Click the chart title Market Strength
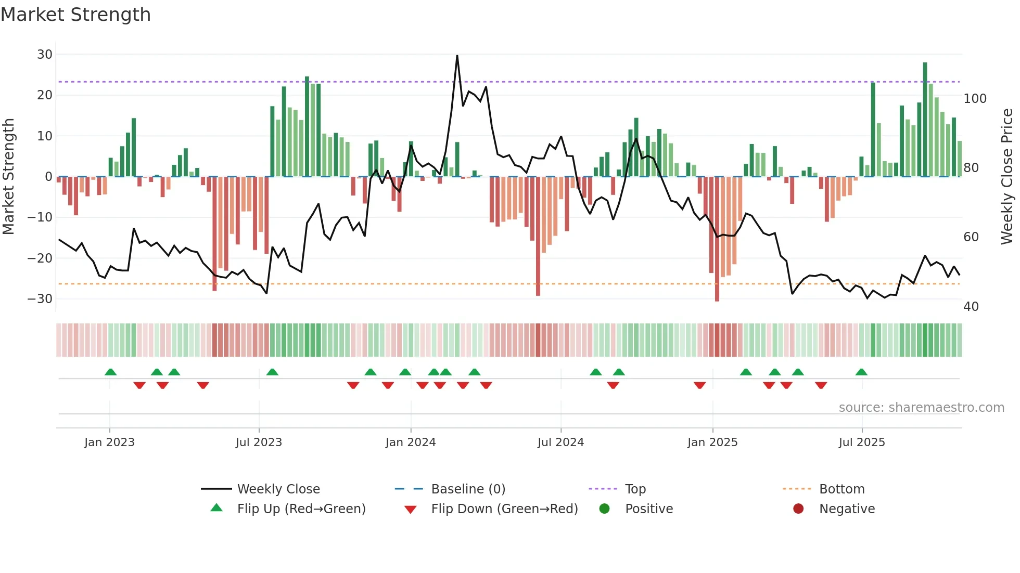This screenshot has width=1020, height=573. pos(75,15)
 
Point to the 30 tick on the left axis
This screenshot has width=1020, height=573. pos(45,55)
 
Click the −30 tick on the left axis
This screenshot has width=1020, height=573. pos(41,299)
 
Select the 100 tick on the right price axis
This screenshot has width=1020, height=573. pos(975,99)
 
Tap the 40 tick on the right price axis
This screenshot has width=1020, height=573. pos(971,307)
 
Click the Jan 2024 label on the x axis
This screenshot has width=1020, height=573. pos(410,442)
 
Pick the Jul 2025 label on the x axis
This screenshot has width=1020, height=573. pos(861,442)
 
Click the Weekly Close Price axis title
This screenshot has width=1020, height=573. pos(1006,177)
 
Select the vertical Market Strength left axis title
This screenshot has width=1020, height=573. pos(8,177)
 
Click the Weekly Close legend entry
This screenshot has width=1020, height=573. pos(278,489)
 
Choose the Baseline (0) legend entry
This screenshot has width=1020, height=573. pos(468,489)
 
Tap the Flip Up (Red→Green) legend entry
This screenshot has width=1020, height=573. pos(301,509)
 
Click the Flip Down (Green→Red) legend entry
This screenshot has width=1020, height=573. pos(504,509)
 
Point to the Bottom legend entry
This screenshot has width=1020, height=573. pos(841,489)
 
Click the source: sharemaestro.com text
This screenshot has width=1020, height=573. pos(921,408)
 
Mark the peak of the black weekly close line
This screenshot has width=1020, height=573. pos(457,56)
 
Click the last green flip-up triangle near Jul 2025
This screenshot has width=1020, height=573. pos(861,372)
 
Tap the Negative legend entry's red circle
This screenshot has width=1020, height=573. pos(798,509)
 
